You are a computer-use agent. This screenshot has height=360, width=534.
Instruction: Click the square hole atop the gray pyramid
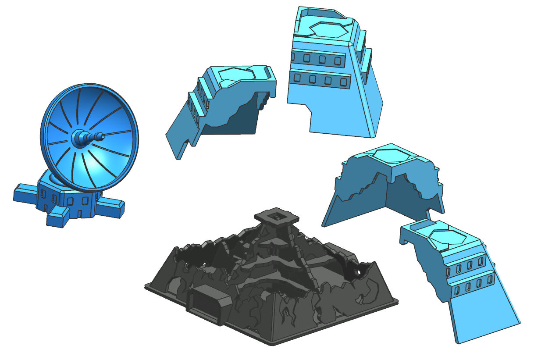277,216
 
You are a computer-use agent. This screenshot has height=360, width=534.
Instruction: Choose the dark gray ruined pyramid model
272,281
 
